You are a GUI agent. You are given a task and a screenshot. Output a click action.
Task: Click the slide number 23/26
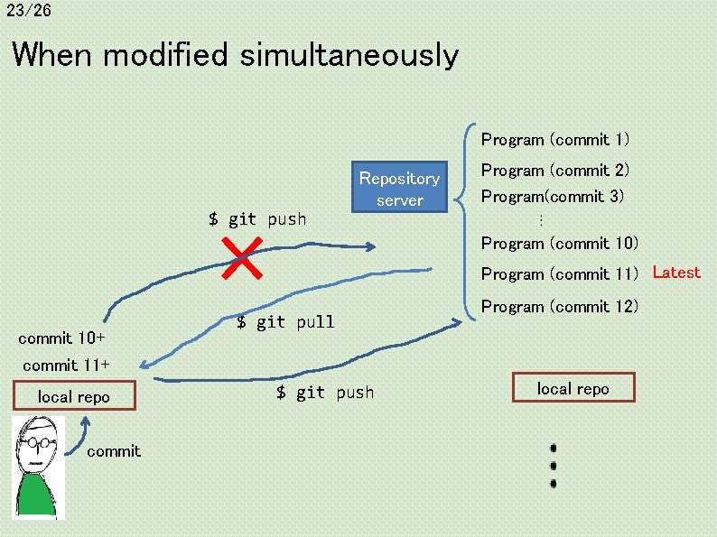(27, 11)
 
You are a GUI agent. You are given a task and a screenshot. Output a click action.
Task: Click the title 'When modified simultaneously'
(235, 55)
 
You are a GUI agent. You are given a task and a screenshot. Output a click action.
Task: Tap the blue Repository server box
(399, 189)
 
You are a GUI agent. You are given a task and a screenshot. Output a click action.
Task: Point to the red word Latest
(676, 273)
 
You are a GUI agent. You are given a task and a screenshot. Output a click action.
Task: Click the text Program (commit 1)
(555, 140)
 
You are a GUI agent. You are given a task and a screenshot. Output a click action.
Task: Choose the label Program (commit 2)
(555, 171)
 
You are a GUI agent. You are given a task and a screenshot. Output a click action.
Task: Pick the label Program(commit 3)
(553, 196)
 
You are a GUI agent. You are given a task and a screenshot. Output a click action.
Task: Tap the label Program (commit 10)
(560, 244)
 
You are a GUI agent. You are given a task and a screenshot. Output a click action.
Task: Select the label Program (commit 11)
(560, 274)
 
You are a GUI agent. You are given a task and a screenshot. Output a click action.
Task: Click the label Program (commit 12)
(560, 307)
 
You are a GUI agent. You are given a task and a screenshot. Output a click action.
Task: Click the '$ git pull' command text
(285, 322)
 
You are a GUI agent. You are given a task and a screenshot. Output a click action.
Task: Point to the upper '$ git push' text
(257, 219)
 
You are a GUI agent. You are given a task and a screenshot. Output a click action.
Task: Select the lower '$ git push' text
(325, 393)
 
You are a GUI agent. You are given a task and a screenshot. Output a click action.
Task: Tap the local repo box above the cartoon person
(74, 397)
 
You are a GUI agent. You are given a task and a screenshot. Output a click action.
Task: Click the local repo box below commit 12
(573, 389)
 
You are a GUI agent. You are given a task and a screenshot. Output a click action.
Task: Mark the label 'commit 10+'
(61, 338)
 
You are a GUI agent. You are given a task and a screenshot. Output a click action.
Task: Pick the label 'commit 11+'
(66, 366)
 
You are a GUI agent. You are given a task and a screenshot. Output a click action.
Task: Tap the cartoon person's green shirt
(36, 495)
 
